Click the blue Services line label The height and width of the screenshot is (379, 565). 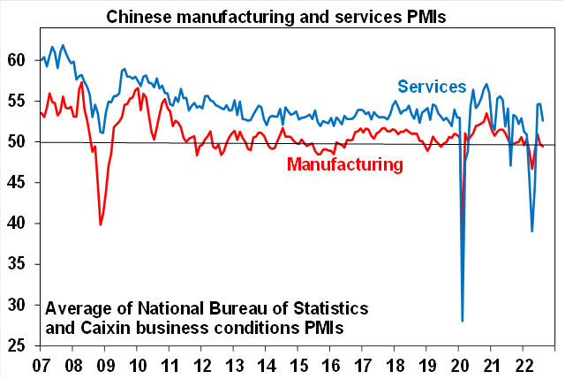coord(432,86)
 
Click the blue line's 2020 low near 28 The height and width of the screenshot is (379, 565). coord(463,321)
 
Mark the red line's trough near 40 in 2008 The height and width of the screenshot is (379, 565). coord(101,224)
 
